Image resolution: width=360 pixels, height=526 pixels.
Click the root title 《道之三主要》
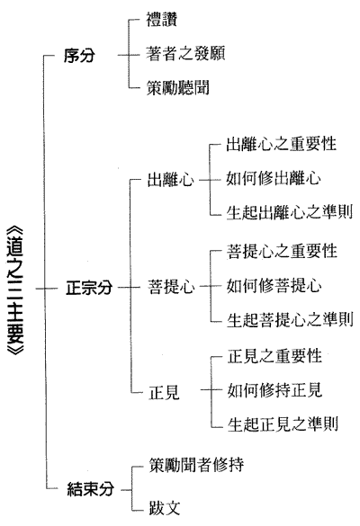click(15, 289)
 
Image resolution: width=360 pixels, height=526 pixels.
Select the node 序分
click(79, 56)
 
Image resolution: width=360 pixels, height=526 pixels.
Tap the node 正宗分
click(89, 288)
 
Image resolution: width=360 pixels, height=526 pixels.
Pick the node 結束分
click(91, 489)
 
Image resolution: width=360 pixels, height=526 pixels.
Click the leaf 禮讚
click(161, 19)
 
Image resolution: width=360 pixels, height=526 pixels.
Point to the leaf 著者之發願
click(185, 54)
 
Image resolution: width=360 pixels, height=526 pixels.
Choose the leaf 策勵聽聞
click(177, 88)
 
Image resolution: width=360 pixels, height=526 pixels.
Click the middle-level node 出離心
click(171, 180)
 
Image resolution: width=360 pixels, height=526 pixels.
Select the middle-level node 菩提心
click(171, 287)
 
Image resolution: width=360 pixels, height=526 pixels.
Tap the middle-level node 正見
click(164, 392)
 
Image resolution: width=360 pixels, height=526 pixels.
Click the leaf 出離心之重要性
click(282, 144)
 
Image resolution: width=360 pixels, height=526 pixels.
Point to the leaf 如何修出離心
click(274, 178)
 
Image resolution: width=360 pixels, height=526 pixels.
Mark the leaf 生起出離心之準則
click(290, 212)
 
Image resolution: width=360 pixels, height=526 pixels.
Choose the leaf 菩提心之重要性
click(282, 252)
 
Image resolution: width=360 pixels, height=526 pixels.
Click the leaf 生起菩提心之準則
click(290, 320)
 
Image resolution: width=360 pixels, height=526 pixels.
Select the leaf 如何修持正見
click(275, 390)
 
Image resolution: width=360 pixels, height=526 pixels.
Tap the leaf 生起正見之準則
click(283, 424)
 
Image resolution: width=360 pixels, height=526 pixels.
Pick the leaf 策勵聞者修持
click(196, 465)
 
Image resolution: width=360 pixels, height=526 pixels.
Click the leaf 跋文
click(165, 508)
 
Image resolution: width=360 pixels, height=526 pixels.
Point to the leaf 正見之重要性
click(275, 356)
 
